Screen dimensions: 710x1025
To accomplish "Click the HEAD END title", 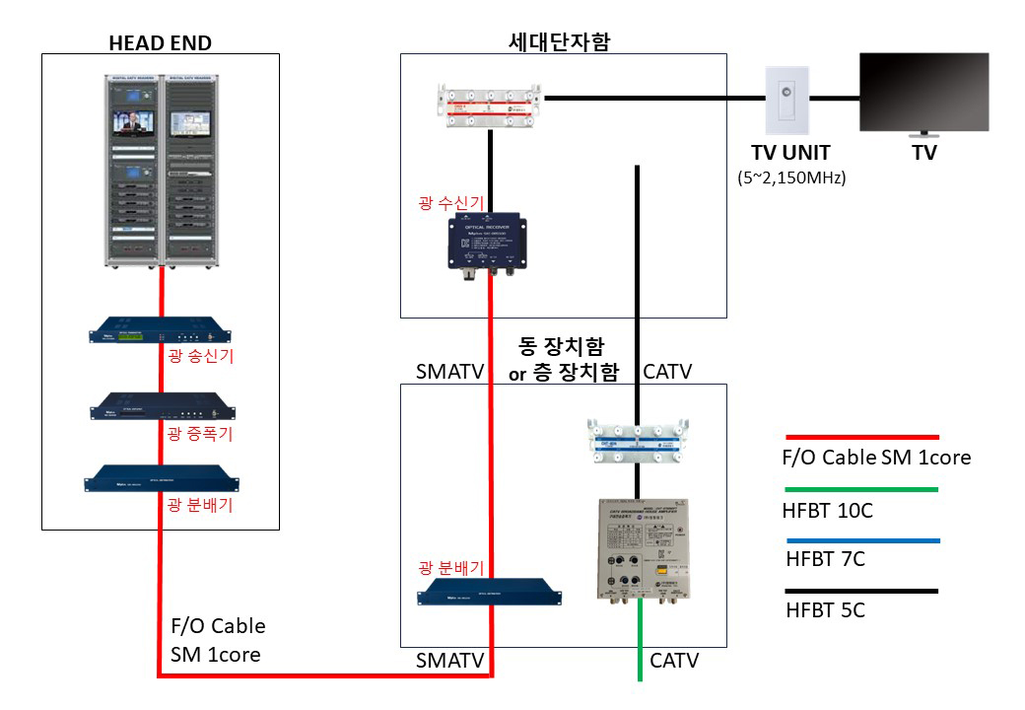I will point(161,41).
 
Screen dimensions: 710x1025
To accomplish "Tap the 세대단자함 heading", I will point(561,40).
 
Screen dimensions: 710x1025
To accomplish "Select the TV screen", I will point(924,92).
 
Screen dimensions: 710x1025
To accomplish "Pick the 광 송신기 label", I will point(200,357).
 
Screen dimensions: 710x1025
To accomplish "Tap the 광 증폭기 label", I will point(200,433).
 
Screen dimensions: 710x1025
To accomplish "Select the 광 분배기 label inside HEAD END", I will point(200,506).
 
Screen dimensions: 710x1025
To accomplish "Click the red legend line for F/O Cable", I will point(861,436).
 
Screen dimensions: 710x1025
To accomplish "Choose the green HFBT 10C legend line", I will point(861,488).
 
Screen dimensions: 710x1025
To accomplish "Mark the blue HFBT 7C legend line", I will point(861,540).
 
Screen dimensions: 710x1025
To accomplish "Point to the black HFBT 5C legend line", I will point(861,592).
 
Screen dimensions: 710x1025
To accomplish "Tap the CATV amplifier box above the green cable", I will point(641,550).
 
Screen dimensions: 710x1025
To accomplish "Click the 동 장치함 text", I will point(562,347).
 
